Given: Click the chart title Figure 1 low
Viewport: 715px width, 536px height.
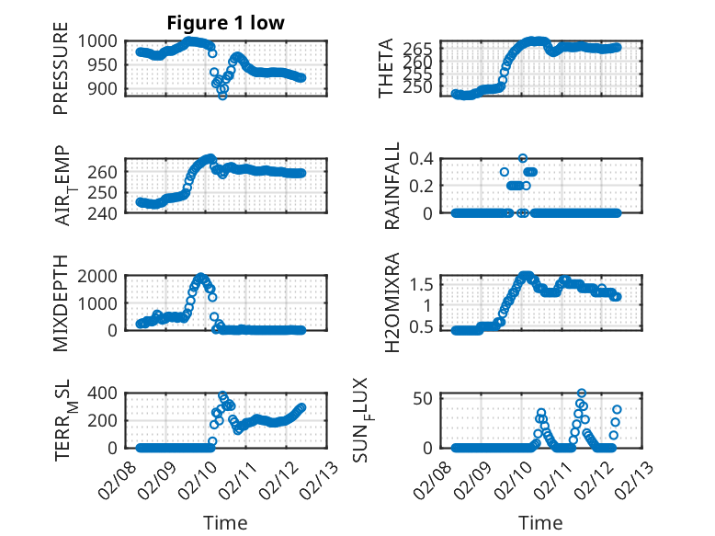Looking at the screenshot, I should tap(225, 23).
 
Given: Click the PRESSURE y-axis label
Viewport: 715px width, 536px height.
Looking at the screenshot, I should tap(62, 74).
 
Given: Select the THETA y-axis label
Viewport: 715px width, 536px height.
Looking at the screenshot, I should tap(387, 68).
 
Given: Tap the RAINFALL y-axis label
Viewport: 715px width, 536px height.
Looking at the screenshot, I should tap(392, 186).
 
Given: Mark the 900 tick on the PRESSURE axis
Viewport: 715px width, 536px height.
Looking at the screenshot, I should tap(103, 88).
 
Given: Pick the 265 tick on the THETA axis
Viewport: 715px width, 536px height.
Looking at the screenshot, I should tap(419, 48).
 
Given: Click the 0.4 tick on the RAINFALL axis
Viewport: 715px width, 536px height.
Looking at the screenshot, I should tap(422, 158).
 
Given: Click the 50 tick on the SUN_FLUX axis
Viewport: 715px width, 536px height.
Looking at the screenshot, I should tap(426, 397).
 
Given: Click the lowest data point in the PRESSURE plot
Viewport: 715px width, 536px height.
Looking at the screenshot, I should tap(222, 96).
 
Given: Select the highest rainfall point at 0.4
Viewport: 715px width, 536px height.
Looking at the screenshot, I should tap(523, 158).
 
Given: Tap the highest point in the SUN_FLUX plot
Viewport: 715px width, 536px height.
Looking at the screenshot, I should tap(581, 393).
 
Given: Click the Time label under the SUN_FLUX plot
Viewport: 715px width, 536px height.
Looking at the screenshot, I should tap(540, 523).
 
